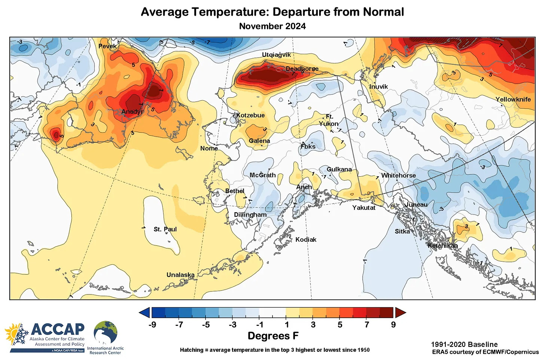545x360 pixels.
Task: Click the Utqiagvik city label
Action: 276,55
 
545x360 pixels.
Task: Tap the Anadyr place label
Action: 132,112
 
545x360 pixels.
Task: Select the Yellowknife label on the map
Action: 513,99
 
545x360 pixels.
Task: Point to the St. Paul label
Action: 165,229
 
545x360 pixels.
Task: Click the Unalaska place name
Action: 180,275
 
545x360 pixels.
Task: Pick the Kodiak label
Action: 306,240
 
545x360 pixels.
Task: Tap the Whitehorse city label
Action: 398,175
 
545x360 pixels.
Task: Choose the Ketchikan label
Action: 442,245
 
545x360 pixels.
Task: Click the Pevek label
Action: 107,46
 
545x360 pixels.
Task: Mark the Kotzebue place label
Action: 250,115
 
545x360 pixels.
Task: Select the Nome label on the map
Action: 209,148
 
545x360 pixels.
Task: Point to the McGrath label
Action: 262,175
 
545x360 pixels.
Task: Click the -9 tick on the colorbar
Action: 152,325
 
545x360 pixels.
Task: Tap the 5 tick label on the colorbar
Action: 340,325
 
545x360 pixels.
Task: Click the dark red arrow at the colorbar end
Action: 400,312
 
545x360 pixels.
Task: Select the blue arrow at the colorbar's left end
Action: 144,312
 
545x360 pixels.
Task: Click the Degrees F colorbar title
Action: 273,336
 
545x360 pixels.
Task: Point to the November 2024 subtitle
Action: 272,26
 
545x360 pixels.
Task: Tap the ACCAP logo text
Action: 58,329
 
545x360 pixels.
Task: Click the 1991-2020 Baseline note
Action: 464,344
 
